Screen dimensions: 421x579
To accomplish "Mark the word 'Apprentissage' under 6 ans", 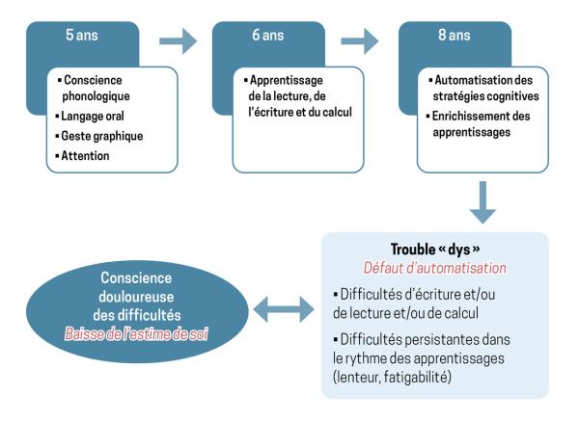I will click(271, 82).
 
